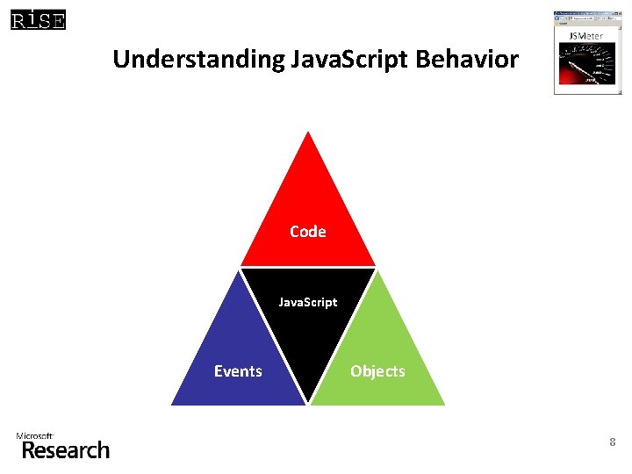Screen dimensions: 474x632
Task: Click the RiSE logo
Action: pyautogui.click(x=38, y=19)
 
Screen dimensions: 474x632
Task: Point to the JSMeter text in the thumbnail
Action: pyautogui.click(x=585, y=36)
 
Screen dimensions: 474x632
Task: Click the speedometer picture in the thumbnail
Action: pyautogui.click(x=586, y=67)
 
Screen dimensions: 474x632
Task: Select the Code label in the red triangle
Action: pyautogui.click(x=307, y=232)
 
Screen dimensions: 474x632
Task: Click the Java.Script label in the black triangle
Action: pyautogui.click(x=307, y=302)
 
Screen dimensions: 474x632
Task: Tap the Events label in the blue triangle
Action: pyautogui.click(x=238, y=371)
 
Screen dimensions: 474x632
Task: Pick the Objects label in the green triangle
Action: pyautogui.click(x=377, y=371)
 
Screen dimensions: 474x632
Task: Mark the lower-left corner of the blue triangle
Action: pyautogui.click(x=173, y=404)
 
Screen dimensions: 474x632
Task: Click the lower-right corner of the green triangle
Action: pyautogui.click(x=444, y=404)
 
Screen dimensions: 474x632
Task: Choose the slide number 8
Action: pyautogui.click(x=613, y=443)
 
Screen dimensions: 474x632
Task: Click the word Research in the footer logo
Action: pyautogui.click(x=66, y=450)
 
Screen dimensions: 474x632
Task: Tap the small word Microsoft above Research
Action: pyautogui.click(x=35, y=435)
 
